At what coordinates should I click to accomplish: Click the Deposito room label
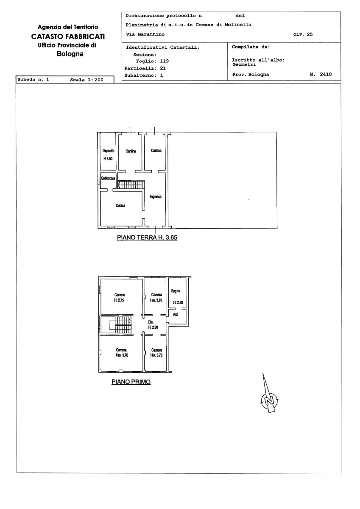(109, 151)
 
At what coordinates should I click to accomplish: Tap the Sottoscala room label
(108, 179)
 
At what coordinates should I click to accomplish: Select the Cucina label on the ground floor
(120, 205)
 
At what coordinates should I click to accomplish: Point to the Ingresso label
(156, 196)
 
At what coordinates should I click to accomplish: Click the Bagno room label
(176, 291)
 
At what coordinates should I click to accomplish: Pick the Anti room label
(176, 314)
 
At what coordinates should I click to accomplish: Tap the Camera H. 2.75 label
(120, 297)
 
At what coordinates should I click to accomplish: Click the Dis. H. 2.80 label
(153, 325)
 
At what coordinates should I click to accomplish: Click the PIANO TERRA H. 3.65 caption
(147, 238)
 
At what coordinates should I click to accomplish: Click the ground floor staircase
(131, 185)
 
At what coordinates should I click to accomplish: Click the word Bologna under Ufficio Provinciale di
(70, 54)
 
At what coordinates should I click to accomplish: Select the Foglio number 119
(165, 61)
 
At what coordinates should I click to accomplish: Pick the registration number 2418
(326, 74)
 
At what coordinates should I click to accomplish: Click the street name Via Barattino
(145, 34)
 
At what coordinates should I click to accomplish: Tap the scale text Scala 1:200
(87, 80)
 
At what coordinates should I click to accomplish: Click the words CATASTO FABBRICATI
(68, 36)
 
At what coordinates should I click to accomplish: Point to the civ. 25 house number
(303, 34)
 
